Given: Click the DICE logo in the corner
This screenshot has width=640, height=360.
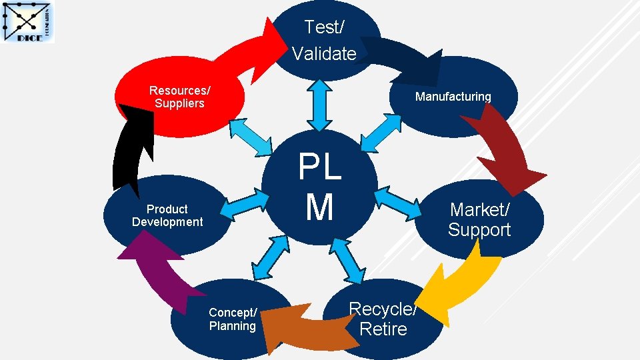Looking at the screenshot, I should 29,23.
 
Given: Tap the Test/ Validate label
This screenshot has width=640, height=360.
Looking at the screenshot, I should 324,40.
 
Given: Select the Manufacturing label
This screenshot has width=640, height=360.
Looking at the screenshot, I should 453,97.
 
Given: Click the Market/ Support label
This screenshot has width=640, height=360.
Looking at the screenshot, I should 479,220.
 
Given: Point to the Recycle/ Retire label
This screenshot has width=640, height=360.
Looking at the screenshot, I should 383,319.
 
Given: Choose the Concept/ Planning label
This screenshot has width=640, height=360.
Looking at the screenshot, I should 232,319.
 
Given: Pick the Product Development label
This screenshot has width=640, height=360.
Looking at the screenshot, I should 167,215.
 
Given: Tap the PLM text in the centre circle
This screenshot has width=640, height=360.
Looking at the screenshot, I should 320,187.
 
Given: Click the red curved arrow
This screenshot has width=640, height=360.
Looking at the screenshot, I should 220,50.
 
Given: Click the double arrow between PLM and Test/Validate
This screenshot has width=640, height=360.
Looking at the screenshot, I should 321,105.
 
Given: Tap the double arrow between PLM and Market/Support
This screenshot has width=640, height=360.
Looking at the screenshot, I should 399,203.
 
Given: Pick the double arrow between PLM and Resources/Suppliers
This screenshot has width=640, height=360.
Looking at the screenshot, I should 253,136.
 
